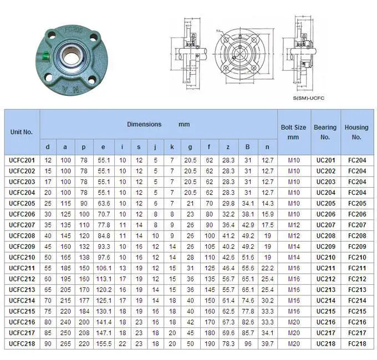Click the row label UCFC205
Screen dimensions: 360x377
(22, 203)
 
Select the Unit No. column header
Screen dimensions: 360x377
(22, 132)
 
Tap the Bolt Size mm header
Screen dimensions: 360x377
(293, 132)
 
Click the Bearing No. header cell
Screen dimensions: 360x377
(325, 132)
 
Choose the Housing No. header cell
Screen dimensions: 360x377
(356, 132)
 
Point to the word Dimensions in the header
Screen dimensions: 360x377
(144, 125)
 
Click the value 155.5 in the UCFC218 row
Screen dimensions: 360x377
(103, 343)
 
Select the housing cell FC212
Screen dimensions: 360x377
(356, 279)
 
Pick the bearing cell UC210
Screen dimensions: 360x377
(325, 257)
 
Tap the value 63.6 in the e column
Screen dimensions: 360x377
(103, 203)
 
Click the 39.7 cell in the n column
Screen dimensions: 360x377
(267, 343)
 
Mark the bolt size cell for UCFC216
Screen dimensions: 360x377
(293, 322)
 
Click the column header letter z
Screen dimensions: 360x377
(228, 147)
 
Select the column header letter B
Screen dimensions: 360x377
(248, 147)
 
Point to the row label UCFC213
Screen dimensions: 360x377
(22, 289)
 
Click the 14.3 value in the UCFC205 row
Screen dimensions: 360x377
(267, 203)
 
